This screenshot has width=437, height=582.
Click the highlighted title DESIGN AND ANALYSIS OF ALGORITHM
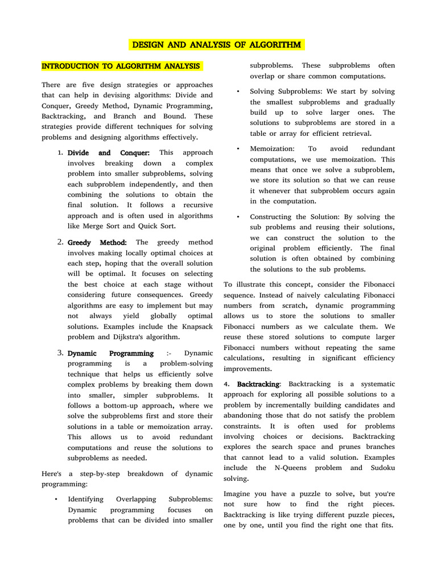pyautogui.click(x=218, y=45)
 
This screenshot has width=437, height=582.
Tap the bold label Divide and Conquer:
pyautogui.click(x=108, y=153)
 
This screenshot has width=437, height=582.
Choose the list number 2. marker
pyautogui.click(x=60, y=243)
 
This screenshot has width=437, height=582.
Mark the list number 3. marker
pyautogui.click(x=60, y=354)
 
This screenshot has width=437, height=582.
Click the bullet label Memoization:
pyautogui.click(x=272, y=149)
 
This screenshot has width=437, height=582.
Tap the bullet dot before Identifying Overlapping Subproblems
pyautogui.click(x=56, y=500)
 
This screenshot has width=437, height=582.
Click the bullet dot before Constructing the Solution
pyautogui.click(x=237, y=217)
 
